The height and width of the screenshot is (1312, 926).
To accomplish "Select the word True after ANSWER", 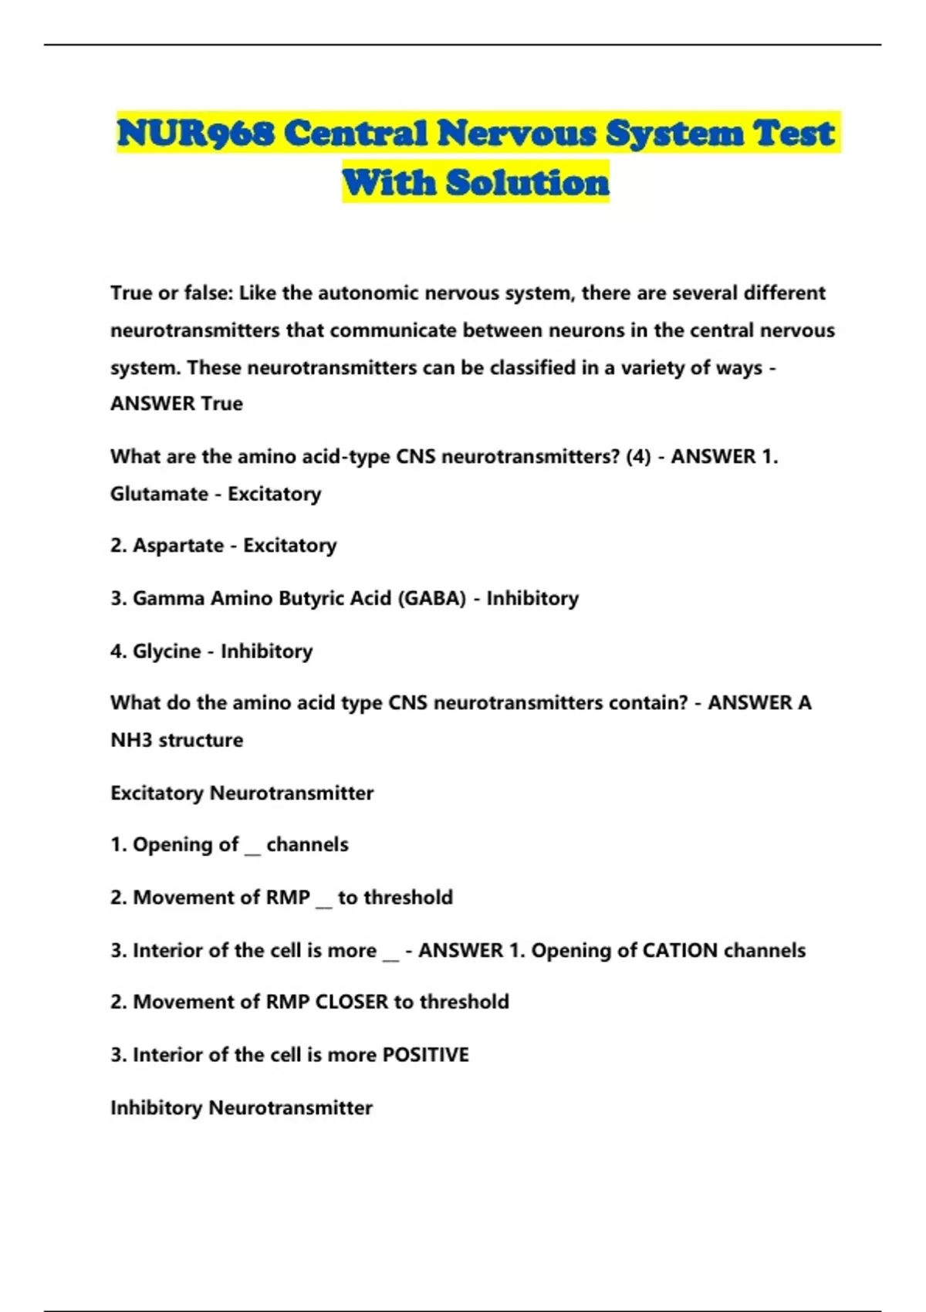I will (x=222, y=404).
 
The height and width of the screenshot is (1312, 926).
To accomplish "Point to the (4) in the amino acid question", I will (x=638, y=457).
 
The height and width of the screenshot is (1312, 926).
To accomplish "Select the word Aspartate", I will (x=178, y=546).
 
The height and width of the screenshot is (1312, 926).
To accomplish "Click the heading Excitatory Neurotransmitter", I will (x=242, y=793).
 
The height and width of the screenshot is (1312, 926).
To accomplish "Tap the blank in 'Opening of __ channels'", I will (x=252, y=849).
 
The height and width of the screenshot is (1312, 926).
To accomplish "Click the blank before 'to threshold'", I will (x=324, y=901).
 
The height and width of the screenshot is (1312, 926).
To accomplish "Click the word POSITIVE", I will (x=426, y=1055).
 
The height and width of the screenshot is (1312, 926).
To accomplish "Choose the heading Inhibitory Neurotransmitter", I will (x=241, y=1108).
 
